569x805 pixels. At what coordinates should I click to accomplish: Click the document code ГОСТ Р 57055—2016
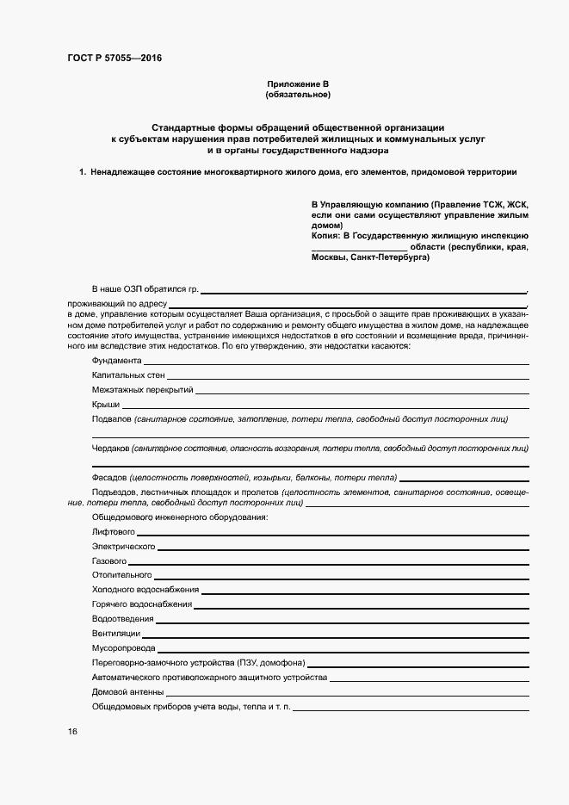pyautogui.click(x=114, y=59)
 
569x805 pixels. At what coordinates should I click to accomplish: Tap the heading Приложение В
pyautogui.click(x=298, y=84)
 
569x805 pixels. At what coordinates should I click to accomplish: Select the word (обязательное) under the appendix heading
pyautogui.click(x=298, y=94)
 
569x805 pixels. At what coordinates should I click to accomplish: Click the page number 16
pyautogui.click(x=72, y=731)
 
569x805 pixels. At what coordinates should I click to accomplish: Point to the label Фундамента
pyautogui.click(x=117, y=360)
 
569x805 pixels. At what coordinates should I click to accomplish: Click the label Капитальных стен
pyautogui.click(x=128, y=375)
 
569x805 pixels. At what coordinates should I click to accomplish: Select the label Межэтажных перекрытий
pyautogui.click(x=143, y=390)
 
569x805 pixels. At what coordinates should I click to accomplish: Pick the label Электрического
pyautogui.click(x=123, y=547)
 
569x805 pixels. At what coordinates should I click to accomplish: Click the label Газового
pyautogui.click(x=109, y=560)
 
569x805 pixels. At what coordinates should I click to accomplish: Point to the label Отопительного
pyautogui.click(x=121, y=574)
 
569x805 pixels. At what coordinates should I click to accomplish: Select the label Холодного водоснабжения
pyautogui.click(x=145, y=590)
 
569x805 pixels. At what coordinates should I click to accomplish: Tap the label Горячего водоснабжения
pyautogui.click(x=142, y=604)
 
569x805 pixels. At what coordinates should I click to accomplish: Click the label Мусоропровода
pyautogui.click(x=124, y=648)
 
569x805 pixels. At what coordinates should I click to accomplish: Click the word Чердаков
pyautogui.click(x=111, y=449)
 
